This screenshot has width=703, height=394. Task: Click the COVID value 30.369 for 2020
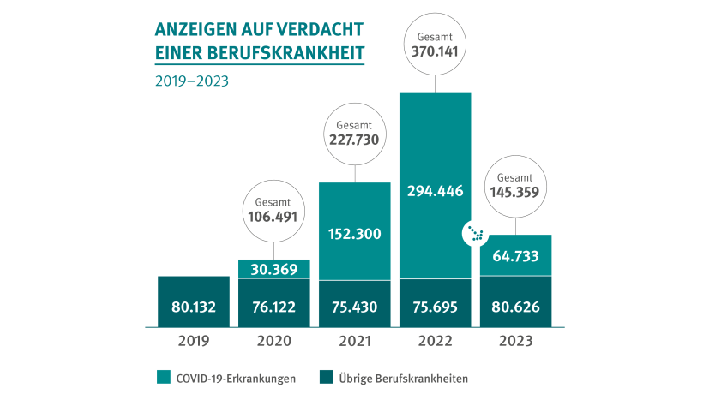[274, 270]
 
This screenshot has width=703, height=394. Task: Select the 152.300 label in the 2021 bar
[355, 233]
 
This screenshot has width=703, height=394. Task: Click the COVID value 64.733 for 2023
[515, 256]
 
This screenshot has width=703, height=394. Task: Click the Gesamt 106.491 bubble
[274, 210]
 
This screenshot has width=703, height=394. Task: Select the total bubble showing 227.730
[355, 134]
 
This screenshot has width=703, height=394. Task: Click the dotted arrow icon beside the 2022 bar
[473, 234]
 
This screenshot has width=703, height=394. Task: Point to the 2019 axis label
[194, 341]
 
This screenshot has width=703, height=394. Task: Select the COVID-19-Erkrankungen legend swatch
[163, 378]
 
